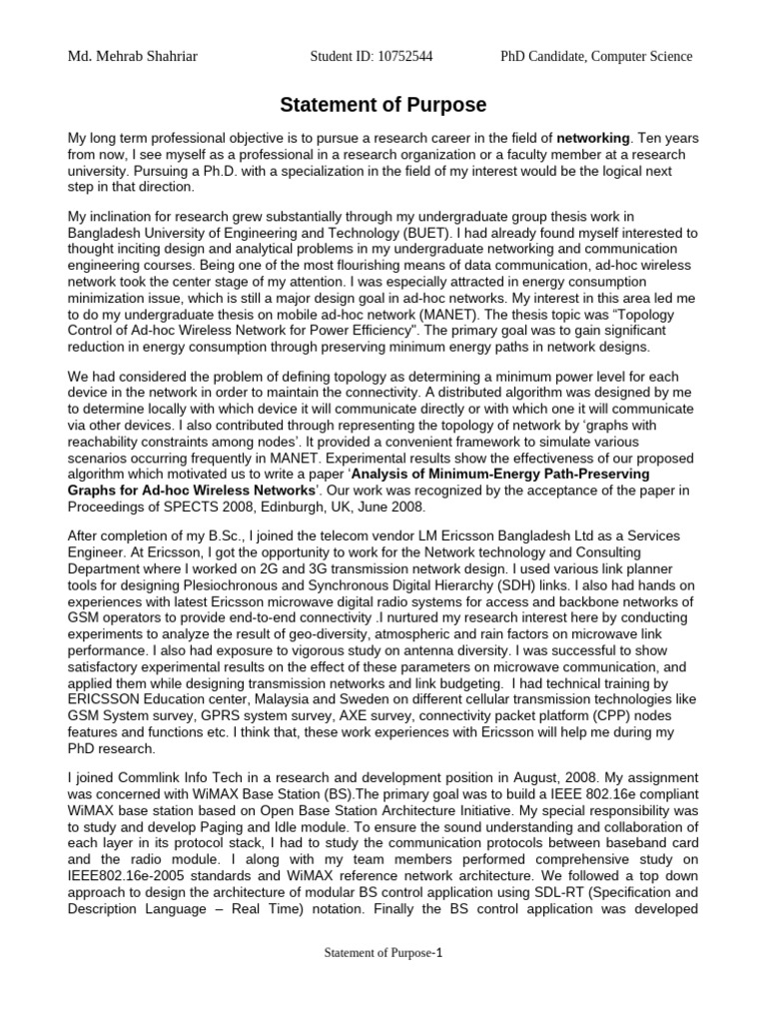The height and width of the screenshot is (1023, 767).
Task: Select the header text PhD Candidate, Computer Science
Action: pyautogui.click(x=596, y=57)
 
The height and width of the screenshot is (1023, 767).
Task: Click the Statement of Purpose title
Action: pyautogui.click(x=383, y=105)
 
